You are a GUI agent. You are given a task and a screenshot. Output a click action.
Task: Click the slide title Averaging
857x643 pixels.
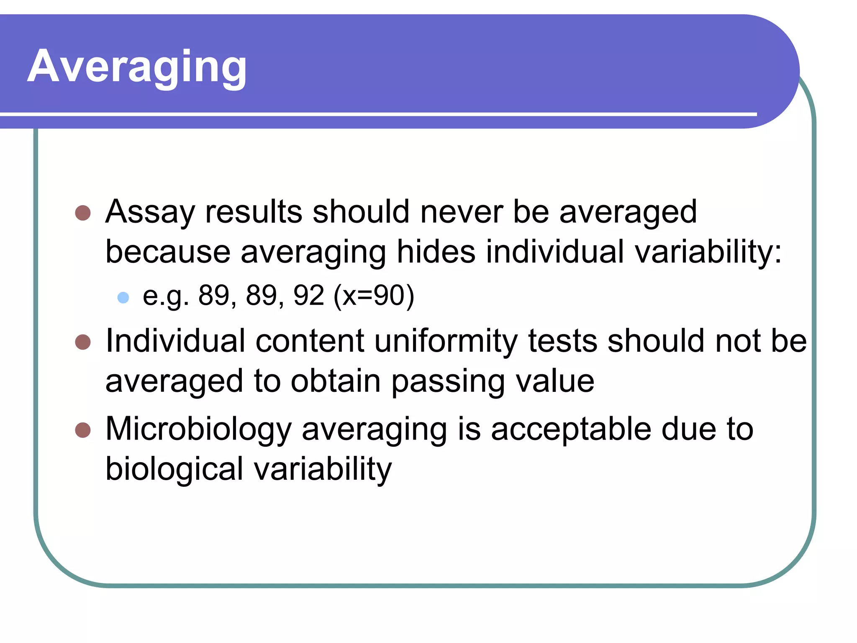click(137, 67)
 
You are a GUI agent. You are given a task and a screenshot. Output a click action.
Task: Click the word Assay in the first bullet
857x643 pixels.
click(150, 212)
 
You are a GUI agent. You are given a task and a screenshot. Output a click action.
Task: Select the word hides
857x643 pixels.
click(436, 252)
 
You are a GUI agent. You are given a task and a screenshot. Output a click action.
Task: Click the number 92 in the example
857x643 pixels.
click(309, 295)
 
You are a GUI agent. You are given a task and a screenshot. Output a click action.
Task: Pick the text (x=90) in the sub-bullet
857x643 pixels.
click(374, 296)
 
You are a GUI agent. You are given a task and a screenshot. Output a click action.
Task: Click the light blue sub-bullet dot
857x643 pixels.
click(123, 297)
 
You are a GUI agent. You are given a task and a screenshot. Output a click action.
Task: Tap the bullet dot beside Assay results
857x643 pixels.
click(83, 213)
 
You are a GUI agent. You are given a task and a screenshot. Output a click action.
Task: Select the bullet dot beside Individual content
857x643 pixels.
click(83, 342)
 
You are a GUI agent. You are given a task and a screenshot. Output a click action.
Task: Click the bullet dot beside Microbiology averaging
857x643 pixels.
click(83, 430)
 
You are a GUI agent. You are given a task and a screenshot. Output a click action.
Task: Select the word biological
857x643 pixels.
click(174, 469)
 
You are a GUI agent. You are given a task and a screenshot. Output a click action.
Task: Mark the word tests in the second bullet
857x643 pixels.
click(562, 341)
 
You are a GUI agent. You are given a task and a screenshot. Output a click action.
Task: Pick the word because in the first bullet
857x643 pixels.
click(168, 252)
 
